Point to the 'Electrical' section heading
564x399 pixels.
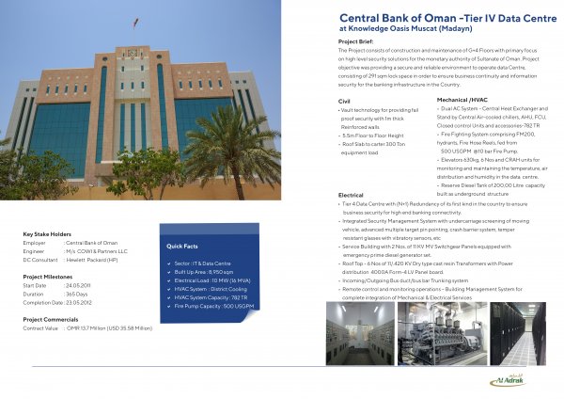351,195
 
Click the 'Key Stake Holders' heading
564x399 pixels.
48,234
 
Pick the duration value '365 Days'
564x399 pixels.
80,293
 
